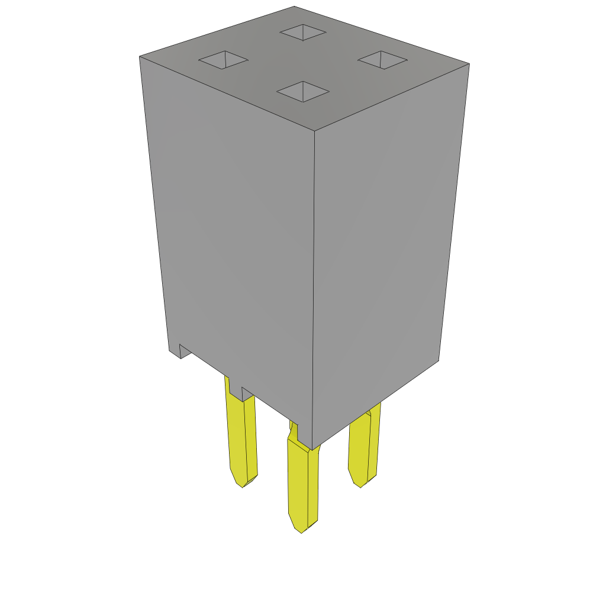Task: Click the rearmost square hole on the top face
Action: [303, 33]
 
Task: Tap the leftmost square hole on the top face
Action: [223, 60]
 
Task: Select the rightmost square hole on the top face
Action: [382, 60]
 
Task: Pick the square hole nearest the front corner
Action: [303, 92]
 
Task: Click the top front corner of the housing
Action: [314, 131]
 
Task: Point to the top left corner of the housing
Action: [140, 57]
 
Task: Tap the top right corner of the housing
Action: [469, 64]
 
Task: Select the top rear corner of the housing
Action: [294, 7]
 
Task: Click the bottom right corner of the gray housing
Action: [438, 360]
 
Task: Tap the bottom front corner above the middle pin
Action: [312, 449]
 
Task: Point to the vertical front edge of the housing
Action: [314, 284]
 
